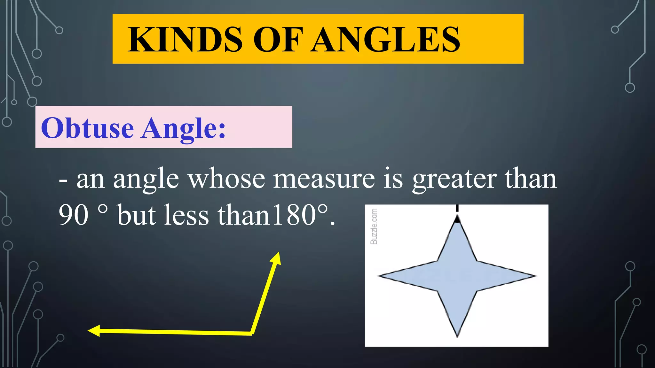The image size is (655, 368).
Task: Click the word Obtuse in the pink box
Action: (x=87, y=128)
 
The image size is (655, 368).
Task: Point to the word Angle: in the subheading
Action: (x=184, y=129)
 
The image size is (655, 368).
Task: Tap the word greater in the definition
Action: (x=454, y=180)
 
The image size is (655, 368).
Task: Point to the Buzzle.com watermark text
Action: (x=374, y=226)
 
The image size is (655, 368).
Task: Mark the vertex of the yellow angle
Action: (x=252, y=333)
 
